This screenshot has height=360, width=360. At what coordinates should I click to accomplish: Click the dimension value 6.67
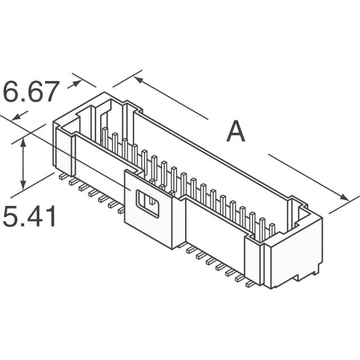click(x=30, y=92)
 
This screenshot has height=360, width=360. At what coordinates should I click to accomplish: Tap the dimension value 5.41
click(x=30, y=217)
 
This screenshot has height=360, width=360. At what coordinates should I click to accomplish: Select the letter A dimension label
click(x=236, y=132)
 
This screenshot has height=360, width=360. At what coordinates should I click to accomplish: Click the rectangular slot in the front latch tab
click(x=149, y=205)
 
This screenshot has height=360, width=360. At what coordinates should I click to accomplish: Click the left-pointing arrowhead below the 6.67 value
click(x=16, y=116)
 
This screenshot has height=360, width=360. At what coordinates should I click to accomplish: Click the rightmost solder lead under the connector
click(x=250, y=284)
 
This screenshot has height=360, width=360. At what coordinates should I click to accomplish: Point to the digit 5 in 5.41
click(x=11, y=217)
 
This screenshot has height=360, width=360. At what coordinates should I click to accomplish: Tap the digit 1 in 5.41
click(x=51, y=217)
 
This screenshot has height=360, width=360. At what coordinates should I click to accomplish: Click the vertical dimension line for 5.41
click(x=23, y=164)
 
